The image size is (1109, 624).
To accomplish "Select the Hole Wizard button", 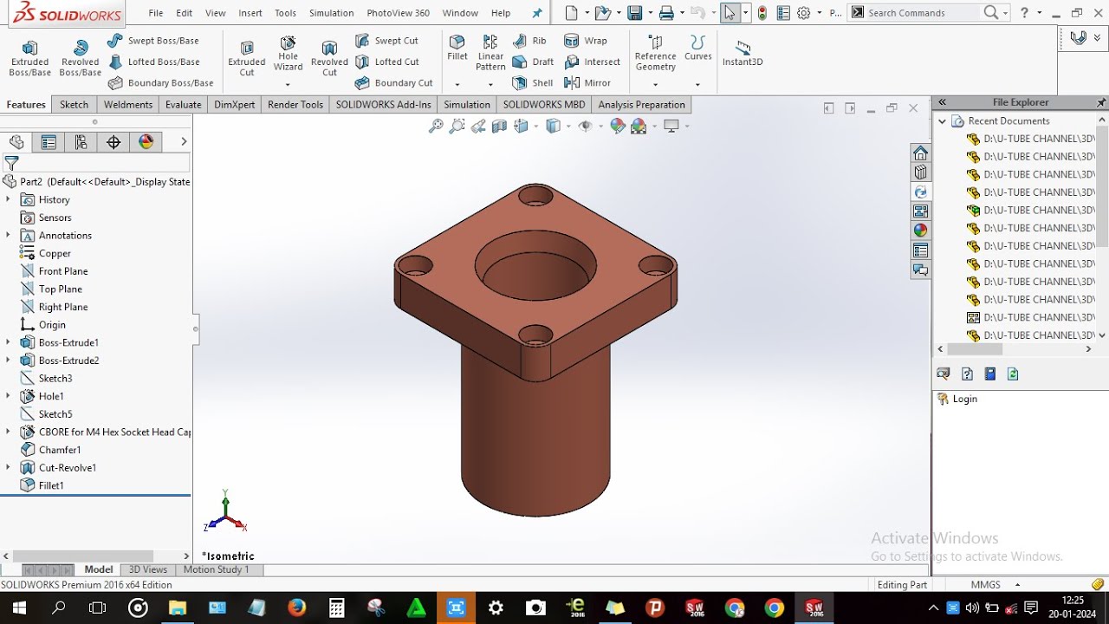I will [288, 54].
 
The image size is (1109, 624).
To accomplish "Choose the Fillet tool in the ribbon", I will [457, 48].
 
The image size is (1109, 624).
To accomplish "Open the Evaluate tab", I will [183, 105].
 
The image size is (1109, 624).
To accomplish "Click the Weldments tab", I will [127, 105].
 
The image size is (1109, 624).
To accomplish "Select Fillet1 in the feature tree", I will [51, 485].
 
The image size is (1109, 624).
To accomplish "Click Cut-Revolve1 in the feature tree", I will [67, 468].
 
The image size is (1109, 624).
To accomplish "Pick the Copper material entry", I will [55, 253].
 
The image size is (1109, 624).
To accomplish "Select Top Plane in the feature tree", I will [60, 289].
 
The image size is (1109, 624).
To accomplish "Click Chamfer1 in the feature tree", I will [60, 450].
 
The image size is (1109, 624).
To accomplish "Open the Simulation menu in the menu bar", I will [331, 13].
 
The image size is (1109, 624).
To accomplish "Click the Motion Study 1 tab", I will [216, 569].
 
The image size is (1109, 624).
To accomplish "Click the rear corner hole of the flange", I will [535, 195].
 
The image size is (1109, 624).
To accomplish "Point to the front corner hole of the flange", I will [535, 335].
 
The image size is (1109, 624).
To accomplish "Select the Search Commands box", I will [923, 13].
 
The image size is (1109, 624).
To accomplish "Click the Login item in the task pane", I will [964, 399].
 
